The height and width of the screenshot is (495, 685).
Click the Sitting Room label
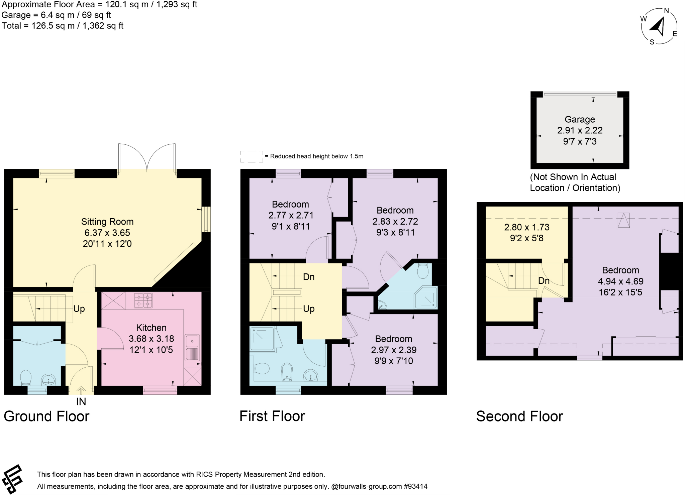point(107,222)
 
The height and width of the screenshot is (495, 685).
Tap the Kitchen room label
point(151,328)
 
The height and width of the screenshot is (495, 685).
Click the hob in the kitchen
point(143,300)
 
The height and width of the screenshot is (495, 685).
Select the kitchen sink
point(192,342)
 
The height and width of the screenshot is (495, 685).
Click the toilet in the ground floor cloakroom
point(26,378)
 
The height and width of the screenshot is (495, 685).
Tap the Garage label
point(580,119)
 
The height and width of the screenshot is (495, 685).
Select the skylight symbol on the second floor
point(623,220)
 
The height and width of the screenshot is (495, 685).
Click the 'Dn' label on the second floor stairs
point(544,281)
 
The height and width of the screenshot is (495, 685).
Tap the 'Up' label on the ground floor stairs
point(79,309)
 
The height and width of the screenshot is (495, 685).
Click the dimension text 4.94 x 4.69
point(620,281)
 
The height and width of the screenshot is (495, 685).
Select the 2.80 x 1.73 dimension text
point(526,227)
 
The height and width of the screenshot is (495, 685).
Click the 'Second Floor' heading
point(519,416)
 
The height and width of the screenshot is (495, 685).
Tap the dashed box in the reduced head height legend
point(252,156)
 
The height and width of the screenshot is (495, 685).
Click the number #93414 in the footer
point(415,486)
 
